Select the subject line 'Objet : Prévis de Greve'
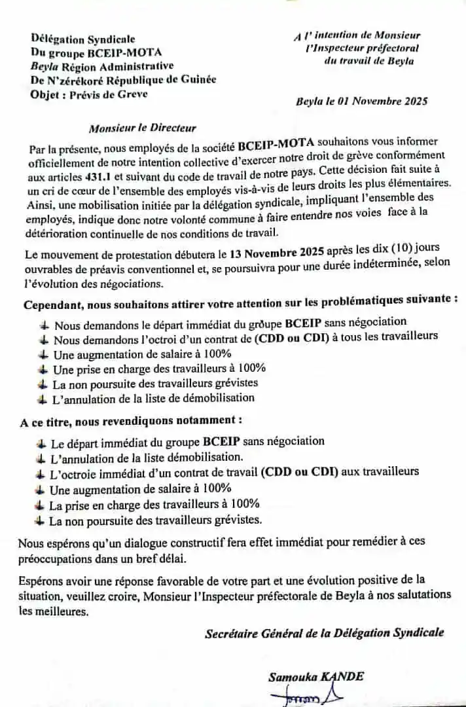pos(89,94)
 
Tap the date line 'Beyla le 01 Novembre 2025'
pos(361,101)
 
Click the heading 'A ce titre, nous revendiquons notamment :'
pos(131,420)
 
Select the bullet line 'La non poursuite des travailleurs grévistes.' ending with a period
pos(155,520)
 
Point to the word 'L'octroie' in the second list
pos(73,472)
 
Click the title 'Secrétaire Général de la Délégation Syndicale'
pos(324,633)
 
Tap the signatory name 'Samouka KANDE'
pos(315,678)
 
